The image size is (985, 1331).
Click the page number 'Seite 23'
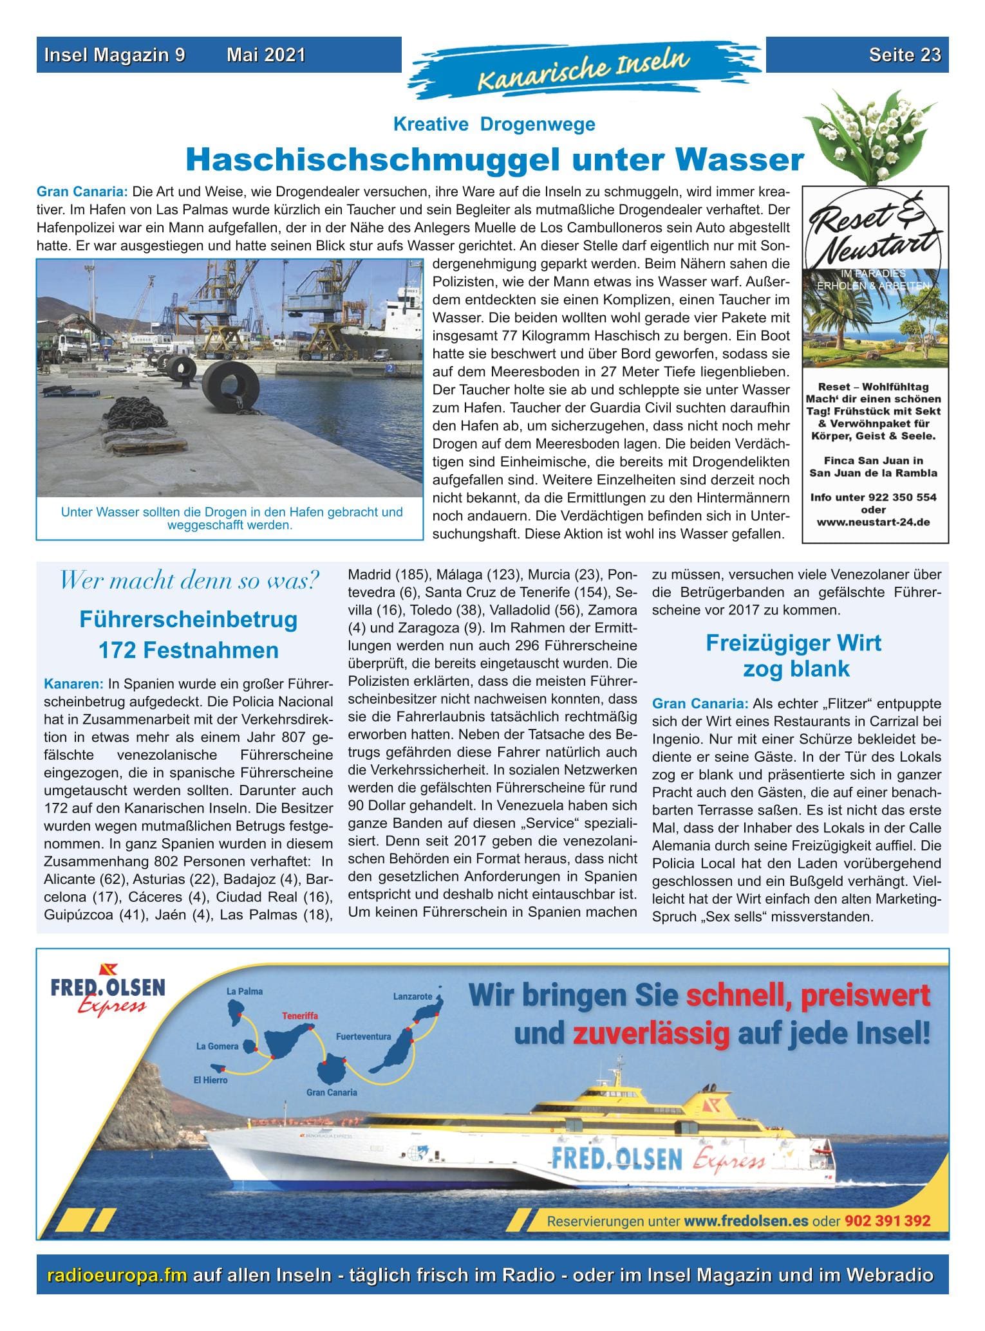(x=905, y=55)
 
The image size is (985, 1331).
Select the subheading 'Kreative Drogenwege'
(x=494, y=124)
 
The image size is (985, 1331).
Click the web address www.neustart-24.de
(x=873, y=522)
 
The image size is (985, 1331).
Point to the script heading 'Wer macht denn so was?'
(x=189, y=581)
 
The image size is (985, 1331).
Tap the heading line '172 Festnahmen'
(x=188, y=650)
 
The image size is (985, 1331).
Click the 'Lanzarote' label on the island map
(x=412, y=996)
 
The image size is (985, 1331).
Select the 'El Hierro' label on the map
(x=211, y=1080)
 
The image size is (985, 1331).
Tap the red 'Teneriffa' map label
(x=300, y=1016)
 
